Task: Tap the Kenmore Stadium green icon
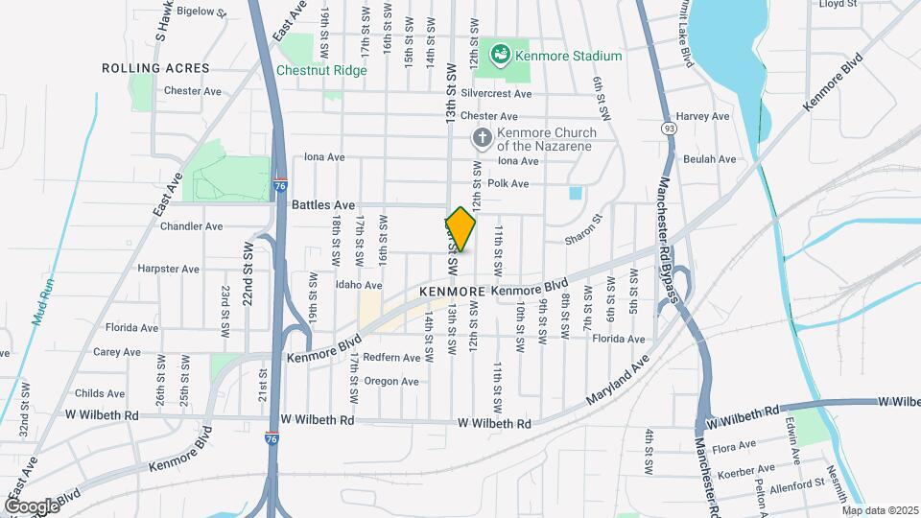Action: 500,55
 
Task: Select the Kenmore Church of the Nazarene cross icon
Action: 482,139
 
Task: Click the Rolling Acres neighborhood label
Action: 142,69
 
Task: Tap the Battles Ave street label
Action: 323,205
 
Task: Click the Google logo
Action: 31,506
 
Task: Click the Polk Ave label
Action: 508,183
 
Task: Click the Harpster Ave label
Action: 168,269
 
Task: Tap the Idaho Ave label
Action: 360,285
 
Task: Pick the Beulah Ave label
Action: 710,159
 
